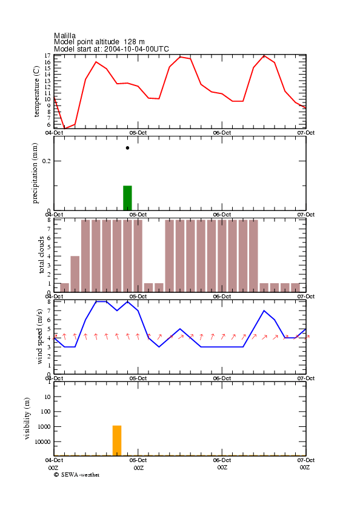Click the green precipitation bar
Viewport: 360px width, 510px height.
[127, 198]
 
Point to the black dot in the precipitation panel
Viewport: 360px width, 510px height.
[127, 148]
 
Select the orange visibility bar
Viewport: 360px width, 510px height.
[117, 440]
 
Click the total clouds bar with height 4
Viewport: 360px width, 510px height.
[75, 274]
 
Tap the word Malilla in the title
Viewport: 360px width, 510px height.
[65, 36]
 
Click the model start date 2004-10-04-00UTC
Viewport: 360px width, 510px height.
[136, 49]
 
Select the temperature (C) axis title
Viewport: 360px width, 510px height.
[36, 92]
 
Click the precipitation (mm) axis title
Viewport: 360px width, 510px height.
[35, 173]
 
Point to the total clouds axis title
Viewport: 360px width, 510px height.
[41, 255]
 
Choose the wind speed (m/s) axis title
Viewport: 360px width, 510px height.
[39, 337]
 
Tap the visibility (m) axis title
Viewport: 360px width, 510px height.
[27, 418]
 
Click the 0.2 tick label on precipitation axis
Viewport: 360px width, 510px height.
[47, 161]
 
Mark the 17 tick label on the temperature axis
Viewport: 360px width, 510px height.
[48, 56]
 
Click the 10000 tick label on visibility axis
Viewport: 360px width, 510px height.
[43, 441]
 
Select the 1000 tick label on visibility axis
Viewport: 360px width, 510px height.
[45, 426]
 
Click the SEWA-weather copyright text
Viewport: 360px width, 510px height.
[77, 475]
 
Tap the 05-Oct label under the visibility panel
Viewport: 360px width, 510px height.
[138, 460]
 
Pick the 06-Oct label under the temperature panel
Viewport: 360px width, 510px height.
[222, 133]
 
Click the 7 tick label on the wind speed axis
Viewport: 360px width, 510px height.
[49, 311]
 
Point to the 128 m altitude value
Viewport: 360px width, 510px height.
[134, 42]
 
